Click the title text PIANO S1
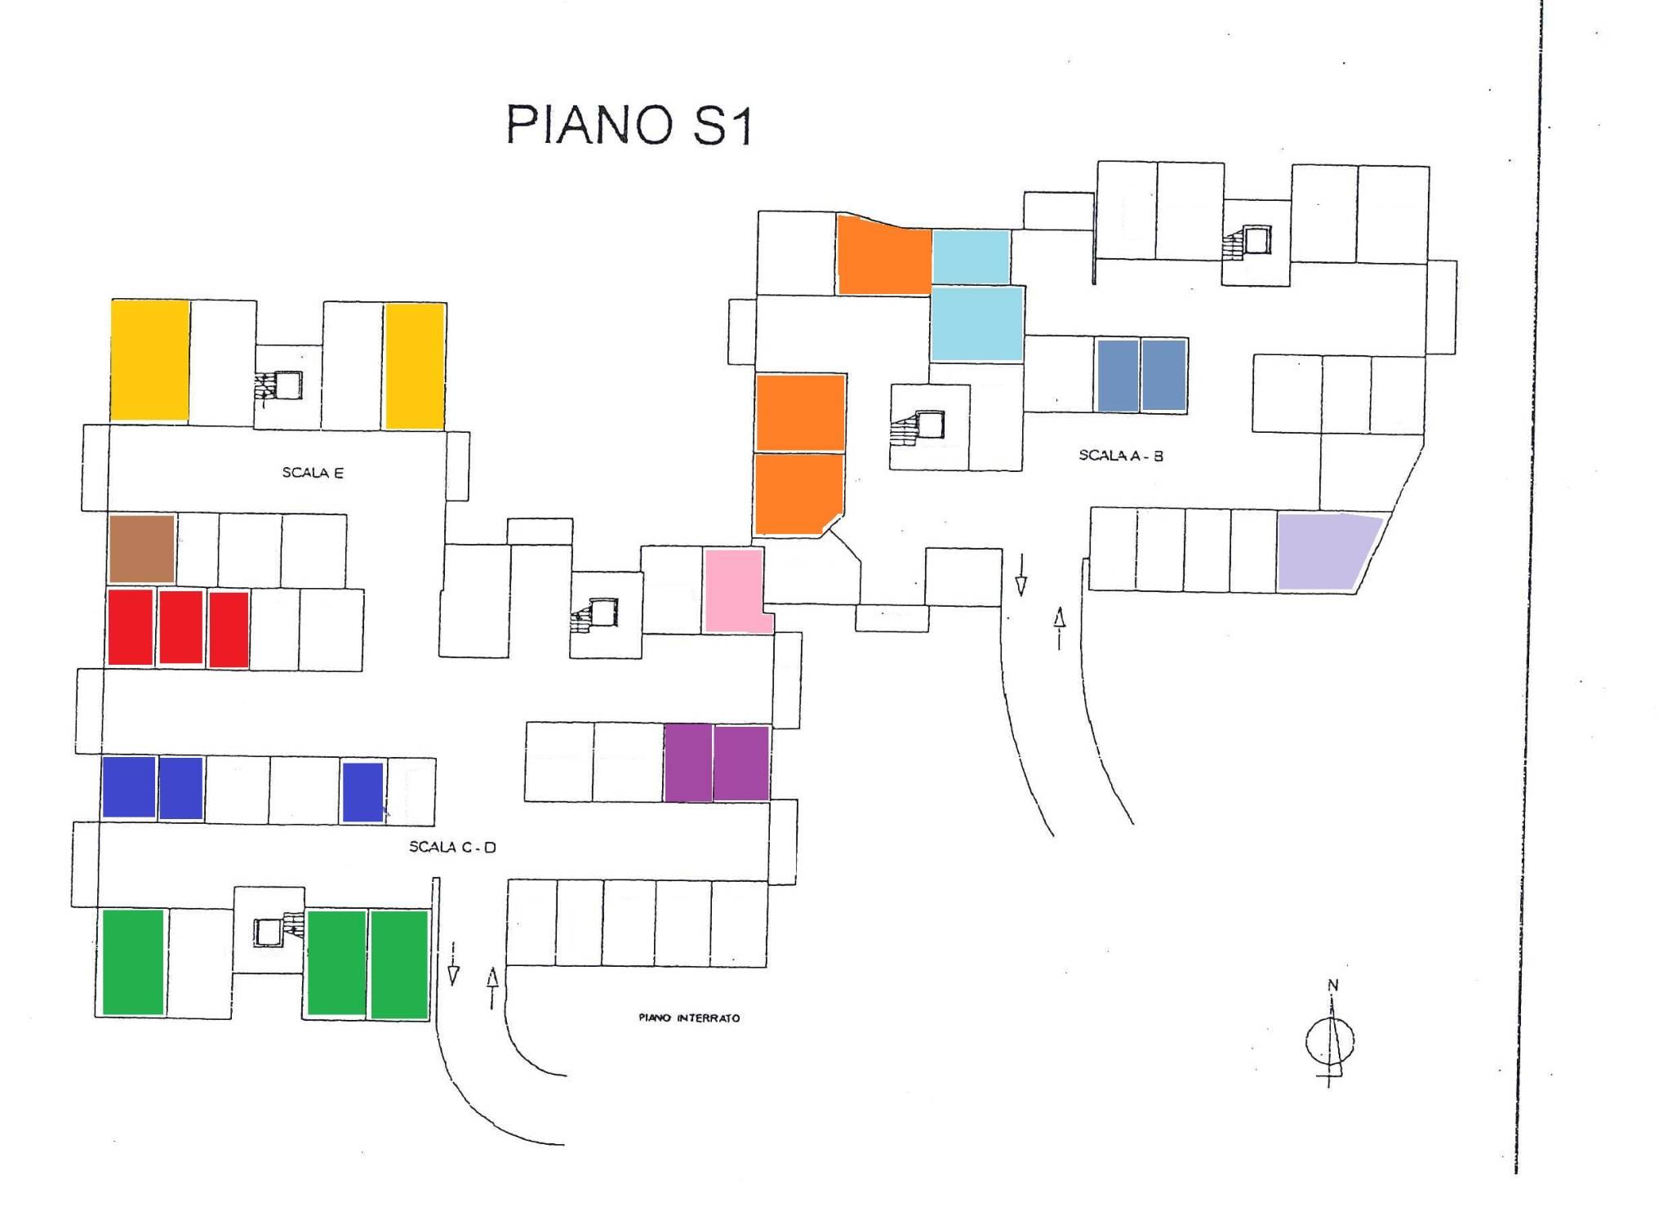(x=628, y=125)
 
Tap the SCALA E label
(x=313, y=473)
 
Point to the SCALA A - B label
(x=1121, y=456)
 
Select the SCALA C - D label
(x=452, y=847)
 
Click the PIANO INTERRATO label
(x=689, y=1017)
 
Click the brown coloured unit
(x=142, y=548)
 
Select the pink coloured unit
(x=735, y=590)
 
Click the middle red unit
(x=180, y=627)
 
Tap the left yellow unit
(x=150, y=360)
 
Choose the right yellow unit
(x=415, y=365)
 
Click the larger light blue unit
(x=976, y=323)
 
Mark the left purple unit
(x=688, y=762)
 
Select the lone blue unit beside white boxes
(x=362, y=791)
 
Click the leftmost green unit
(x=133, y=962)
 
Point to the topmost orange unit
(x=883, y=255)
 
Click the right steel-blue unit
(x=1163, y=375)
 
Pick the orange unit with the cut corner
(x=798, y=494)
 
